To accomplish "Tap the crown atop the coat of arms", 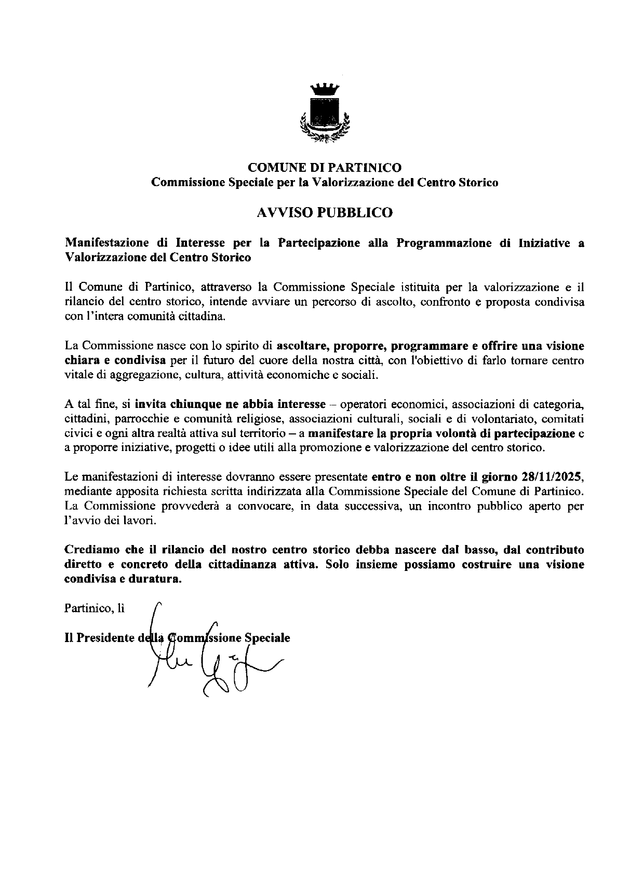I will [325, 89].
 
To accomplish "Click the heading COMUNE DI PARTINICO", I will [325, 168].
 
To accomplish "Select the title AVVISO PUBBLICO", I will [325, 212].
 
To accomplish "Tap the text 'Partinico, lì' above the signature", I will [94, 609].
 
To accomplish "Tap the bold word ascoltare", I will [302, 346].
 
